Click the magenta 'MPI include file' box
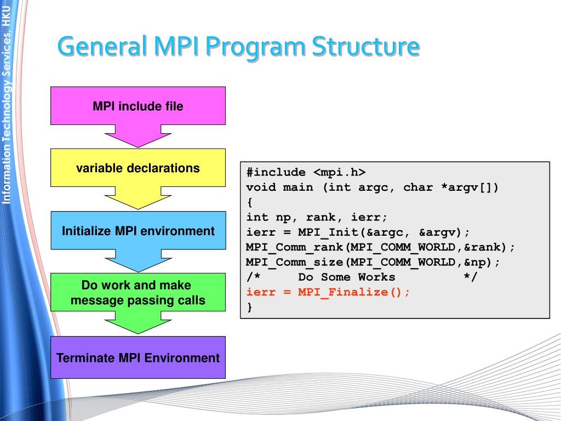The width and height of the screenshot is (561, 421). [x=138, y=106]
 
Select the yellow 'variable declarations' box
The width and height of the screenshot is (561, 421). [x=138, y=168]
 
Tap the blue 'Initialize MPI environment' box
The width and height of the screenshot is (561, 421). [x=138, y=230]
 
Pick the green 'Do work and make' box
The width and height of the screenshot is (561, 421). [x=138, y=292]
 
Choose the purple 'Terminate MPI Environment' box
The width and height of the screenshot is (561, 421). [x=138, y=357]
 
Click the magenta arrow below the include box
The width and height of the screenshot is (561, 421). [x=138, y=136]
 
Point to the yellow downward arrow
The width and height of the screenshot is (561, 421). [x=138, y=198]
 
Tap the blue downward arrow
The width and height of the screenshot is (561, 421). [x=138, y=260]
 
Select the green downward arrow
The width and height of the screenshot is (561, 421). [x=138, y=322]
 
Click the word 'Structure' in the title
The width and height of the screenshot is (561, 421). [x=365, y=46]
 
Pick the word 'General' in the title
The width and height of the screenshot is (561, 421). [x=102, y=46]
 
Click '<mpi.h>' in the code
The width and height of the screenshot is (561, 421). [x=340, y=172]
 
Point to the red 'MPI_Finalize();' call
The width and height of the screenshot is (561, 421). [x=354, y=292]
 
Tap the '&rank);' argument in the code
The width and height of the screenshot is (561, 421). [x=489, y=247]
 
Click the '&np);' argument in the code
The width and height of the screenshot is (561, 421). [x=482, y=262]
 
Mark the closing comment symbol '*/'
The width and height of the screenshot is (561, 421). [x=471, y=277]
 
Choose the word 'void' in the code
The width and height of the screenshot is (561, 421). [x=261, y=187]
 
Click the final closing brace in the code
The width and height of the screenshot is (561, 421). [x=250, y=307]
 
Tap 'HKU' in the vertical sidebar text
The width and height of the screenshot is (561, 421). [x=7, y=15]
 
